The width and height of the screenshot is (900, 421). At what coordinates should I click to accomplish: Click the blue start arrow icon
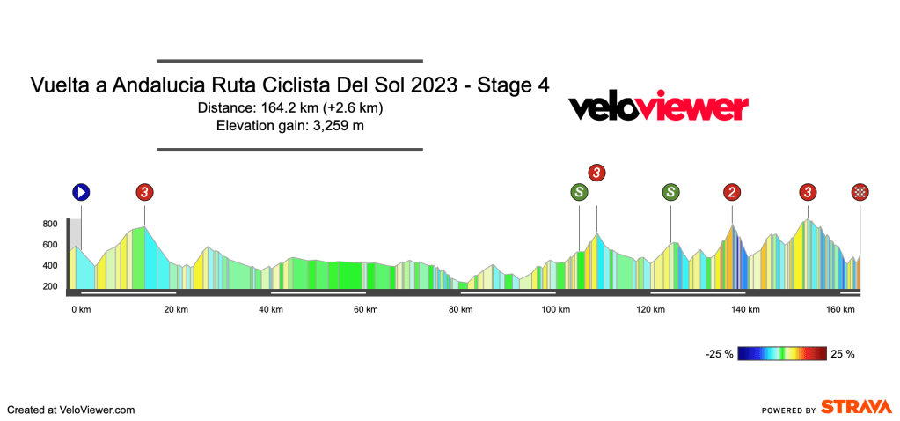coord(81,192)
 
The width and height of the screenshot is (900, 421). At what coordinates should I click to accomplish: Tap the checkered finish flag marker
coord(860,192)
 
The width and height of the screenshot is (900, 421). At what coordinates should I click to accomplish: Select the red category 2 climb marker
coord(732,192)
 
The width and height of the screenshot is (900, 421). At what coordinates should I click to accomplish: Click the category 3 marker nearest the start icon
coord(144,192)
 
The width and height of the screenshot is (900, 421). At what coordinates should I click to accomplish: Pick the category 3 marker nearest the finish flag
coord(808,192)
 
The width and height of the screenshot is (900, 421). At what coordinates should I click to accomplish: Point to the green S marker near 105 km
coord(579,192)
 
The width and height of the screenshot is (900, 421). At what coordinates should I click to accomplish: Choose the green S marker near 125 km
coord(671,192)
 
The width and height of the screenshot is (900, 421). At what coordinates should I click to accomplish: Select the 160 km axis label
coord(841,309)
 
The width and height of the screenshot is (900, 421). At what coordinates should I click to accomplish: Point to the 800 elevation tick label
coord(49,224)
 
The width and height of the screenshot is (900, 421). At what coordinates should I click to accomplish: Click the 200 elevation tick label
coord(49,286)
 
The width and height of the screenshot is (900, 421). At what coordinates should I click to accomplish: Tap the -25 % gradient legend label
coord(719,354)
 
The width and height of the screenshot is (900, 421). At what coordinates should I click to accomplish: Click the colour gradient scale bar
coord(782,353)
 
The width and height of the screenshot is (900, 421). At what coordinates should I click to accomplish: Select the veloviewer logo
coord(658,107)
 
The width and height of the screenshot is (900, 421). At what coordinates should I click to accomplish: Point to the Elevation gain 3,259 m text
coord(290,126)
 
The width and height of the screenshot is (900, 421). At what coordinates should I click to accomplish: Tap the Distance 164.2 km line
coord(290,108)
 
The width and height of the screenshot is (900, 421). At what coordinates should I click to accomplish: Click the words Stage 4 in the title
coord(514,86)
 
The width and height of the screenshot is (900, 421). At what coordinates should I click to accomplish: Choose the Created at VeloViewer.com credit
coord(71,410)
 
